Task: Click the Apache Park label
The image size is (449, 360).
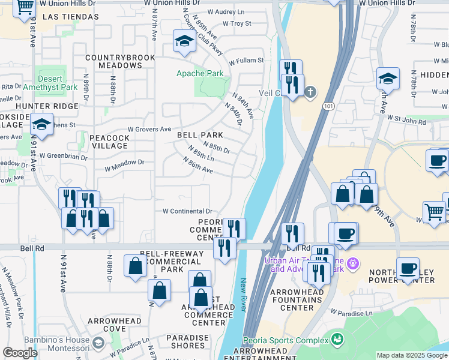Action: click(x=199, y=74)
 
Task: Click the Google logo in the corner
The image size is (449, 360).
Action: click(x=20, y=353)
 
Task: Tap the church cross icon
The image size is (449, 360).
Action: click(x=310, y=92)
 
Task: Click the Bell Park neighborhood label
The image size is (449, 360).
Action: click(x=200, y=136)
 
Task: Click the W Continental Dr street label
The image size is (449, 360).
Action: click(x=188, y=211)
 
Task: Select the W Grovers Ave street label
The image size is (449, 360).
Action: click(x=149, y=129)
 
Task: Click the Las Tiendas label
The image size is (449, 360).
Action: click(x=71, y=17)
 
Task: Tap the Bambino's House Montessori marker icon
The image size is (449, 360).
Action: click(x=99, y=342)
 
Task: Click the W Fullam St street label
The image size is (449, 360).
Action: click(x=243, y=61)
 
